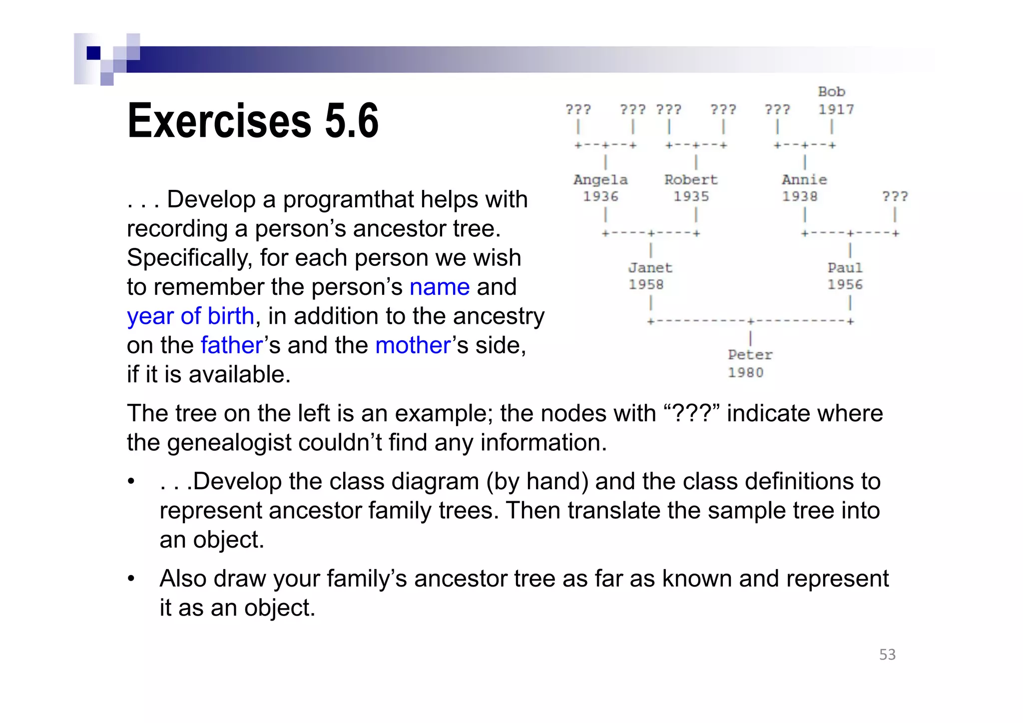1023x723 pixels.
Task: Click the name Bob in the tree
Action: pyautogui.click(x=831, y=92)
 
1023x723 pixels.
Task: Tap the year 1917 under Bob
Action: pyautogui.click(x=836, y=109)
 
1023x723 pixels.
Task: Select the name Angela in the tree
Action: pyautogui.click(x=600, y=180)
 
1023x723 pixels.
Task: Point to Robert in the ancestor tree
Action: pyautogui.click(x=691, y=180)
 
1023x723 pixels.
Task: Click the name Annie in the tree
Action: pyautogui.click(x=804, y=180)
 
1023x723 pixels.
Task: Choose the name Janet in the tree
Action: pyautogui.click(x=650, y=268)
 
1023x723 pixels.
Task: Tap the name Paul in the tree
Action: pyautogui.click(x=845, y=268)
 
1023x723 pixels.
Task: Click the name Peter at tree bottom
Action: pyautogui.click(x=750, y=355)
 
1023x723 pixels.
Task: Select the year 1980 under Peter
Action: pyautogui.click(x=745, y=373)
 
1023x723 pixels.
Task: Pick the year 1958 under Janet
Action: pyautogui.click(x=646, y=285)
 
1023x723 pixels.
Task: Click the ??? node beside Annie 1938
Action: pyautogui.click(x=895, y=196)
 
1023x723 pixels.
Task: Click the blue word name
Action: pyautogui.click(x=440, y=287)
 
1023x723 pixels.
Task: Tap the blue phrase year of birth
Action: pyautogui.click(x=191, y=316)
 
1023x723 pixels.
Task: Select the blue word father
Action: pyautogui.click(x=232, y=345)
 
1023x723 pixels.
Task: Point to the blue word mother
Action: pyautogui.click(x=413, y=345)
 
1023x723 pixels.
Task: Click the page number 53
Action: pyautogui.click(x=887, y=655)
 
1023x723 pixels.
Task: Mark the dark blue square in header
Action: pyautogui.click(x=93, y=53)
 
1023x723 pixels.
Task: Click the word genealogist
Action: pyautogui.click(x=229, y=443)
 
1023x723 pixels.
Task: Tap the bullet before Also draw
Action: pyautogui.click(x=131, y=579)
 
